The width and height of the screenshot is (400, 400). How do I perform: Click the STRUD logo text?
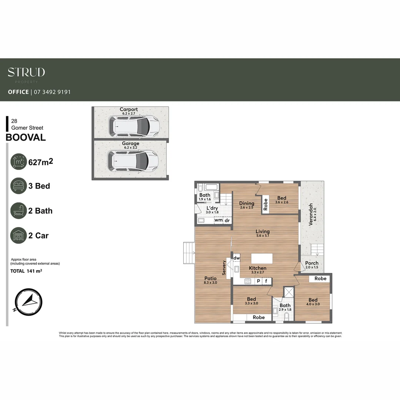[x=26, y=72]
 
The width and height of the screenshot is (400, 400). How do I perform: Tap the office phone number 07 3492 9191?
[x=52, y=92]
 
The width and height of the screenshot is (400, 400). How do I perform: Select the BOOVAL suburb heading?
[x=26, y=137]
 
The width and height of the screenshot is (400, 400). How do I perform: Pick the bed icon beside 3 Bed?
[x=19, y=186]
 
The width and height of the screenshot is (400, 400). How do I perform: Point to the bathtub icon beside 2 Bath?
[x=19, y=211]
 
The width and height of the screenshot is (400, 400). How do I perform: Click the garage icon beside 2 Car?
[x=19, y=235]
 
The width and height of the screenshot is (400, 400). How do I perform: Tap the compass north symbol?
[x=29, y=301]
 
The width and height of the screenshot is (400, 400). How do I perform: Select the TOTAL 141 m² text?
[x=26, y=271]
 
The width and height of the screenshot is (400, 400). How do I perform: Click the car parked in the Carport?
[x=134, y=126]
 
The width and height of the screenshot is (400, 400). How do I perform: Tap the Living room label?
[x=263, y=232]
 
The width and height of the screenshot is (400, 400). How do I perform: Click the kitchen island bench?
[x=262, y=258]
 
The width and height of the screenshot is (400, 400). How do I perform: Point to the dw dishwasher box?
[x=237, y=258]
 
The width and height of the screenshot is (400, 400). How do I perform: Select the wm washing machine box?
[x=219, y=220]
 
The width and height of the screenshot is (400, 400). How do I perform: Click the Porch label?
[x=311, y=263]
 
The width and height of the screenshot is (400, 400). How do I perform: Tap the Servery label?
[x=224, y=268]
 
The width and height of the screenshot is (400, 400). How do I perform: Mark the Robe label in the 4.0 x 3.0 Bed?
[x=320, y=279]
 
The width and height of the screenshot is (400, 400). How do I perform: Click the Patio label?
[x=211, y=278]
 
